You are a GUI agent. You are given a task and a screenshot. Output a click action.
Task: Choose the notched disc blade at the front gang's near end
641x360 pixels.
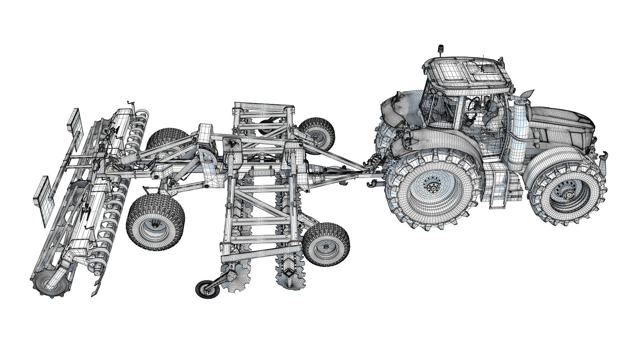(292, 282)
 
